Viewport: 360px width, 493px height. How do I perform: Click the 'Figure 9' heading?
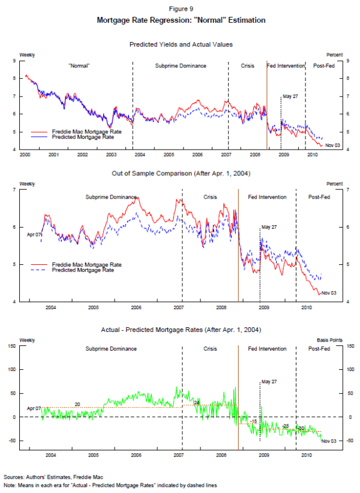coord(181,9)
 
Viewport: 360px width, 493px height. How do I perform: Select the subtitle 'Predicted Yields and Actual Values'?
coord(181,44)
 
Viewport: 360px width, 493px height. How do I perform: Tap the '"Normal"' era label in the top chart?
coord(79,65)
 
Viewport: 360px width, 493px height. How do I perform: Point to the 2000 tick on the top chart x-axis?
coord(25,154)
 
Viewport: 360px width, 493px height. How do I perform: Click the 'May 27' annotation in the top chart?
coord(290,97)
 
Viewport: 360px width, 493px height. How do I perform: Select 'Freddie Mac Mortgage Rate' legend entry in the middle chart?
coord(87,265)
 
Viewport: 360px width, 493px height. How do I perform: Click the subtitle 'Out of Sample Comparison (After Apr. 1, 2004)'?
coord(181,174)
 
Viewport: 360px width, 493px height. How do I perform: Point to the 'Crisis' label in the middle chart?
coord(210,197)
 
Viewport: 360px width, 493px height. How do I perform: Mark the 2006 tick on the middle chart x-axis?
coord(136,307)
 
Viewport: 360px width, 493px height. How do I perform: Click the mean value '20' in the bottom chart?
coord(77,404)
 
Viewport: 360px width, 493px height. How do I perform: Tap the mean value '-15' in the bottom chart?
coord(253,422)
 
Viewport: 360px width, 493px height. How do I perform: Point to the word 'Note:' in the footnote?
coord(10,485)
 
